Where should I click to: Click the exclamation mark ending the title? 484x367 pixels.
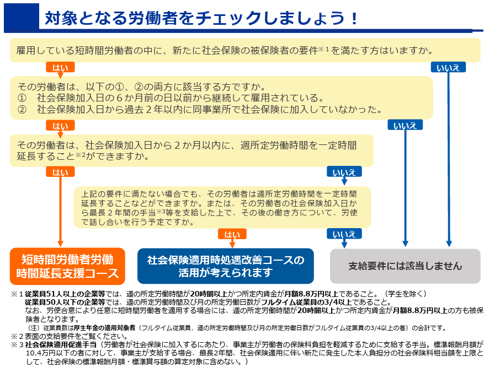click(354, 18)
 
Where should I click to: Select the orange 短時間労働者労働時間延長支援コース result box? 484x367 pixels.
click(67, 266)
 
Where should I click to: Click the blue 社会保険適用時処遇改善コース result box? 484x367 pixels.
click(226, 266)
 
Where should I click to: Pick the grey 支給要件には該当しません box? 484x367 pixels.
click(405, 266)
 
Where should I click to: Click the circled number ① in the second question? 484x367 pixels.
click(22, 98)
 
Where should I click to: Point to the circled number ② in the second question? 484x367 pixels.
click(22, 110)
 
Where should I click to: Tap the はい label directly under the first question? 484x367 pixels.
click(60, 67)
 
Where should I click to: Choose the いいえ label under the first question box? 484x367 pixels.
click(448, 67)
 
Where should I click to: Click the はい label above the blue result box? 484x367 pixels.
click(232, 234)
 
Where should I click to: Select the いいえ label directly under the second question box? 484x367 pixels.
click(405, 125)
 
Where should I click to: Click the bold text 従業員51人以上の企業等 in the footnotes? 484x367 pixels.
click(65, 294)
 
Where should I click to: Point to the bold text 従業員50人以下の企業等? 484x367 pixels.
click(65, 302)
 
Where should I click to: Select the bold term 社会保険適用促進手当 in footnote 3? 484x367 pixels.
click(61, 344)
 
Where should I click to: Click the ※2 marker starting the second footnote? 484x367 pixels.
click(17, 336)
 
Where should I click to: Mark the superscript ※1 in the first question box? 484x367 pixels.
click(323, 49)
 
